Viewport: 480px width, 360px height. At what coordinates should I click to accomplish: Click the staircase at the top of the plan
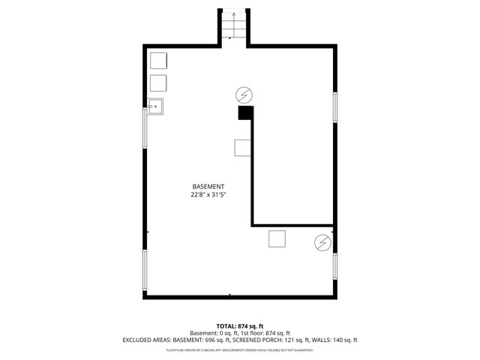pos(233,28)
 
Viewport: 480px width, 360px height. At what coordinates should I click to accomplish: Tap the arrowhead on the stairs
pos(233,13)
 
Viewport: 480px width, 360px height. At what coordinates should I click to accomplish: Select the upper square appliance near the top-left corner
pos(158,60)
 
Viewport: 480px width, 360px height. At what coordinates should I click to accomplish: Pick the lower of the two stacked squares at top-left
pos(158,82)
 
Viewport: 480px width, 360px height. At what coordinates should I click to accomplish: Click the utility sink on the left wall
pos(155,106)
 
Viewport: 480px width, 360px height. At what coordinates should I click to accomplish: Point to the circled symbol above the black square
pos(244,94)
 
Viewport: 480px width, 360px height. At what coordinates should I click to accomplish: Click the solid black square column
pos(244,113)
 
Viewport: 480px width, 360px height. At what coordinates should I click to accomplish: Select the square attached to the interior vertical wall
pos(243,148)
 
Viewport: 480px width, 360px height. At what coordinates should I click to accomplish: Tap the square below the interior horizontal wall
pos(277,238)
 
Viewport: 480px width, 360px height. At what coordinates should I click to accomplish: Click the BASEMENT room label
pos(208,186)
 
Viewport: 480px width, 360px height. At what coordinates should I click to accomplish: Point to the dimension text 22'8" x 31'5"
pos(208,195)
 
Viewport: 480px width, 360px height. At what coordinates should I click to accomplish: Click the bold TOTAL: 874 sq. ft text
pos(239,325)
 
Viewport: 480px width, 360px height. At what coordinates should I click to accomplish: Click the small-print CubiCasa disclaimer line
pos(239,349)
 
